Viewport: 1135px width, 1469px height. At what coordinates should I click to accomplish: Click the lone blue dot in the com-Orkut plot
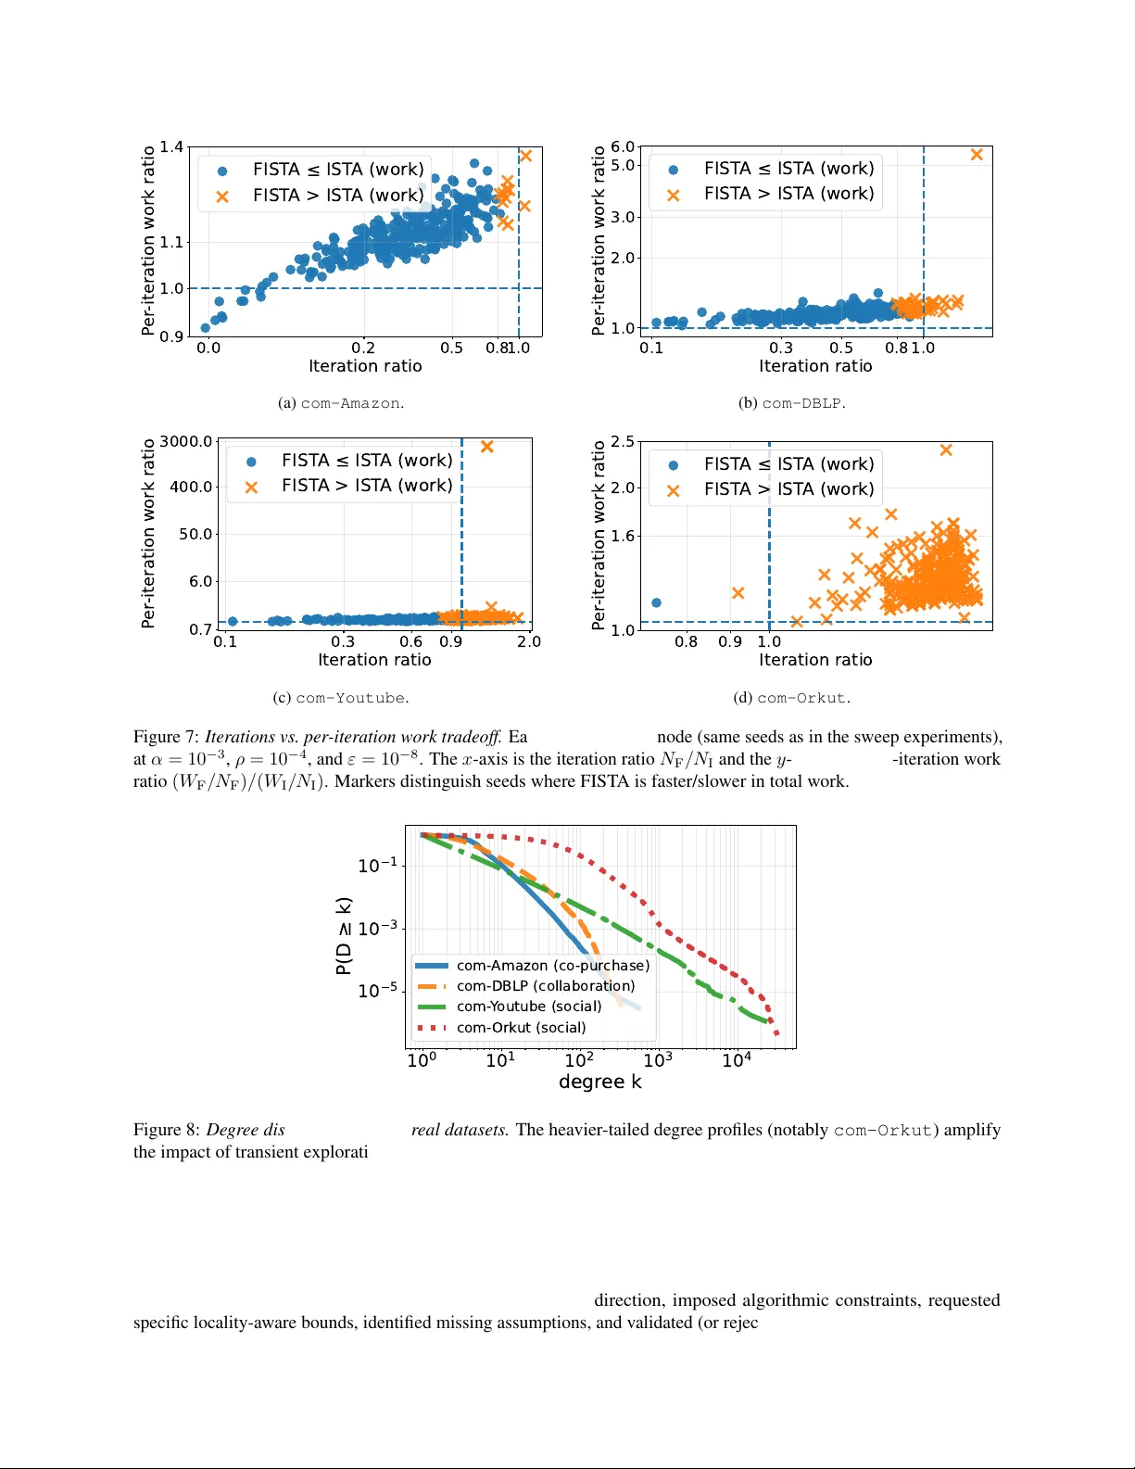click(657, 602)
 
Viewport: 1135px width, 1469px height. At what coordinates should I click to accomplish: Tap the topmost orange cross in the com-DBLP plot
click(977, 155)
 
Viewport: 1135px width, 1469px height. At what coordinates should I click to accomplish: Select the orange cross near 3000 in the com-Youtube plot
click(487, 447)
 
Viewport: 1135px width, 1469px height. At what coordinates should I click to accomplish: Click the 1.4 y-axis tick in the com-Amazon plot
click(171, 146)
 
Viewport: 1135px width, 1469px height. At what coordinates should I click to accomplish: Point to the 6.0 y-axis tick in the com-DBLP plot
click(623, 146)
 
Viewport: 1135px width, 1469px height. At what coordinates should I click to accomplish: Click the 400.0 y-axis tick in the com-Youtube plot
click(192, 487)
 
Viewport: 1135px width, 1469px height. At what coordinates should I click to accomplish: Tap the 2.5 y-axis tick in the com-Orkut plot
click(623, 441)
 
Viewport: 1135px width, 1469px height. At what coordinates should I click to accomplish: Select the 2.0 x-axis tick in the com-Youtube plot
click(529, 641)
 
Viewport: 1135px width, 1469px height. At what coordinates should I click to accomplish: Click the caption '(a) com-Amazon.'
click(341, 403)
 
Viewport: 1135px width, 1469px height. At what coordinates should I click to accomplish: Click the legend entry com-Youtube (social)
click(528, 1007)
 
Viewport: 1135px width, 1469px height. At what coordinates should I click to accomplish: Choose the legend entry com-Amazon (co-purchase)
click(552, 966)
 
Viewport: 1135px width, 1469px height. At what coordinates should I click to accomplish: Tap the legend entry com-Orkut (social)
click(521, 1028)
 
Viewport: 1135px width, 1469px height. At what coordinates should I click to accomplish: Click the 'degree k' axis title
click(599, 1082)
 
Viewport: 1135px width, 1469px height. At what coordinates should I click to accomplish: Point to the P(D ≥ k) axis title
click(344, 935)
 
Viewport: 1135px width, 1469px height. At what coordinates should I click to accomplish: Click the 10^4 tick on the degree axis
click(737, 1060)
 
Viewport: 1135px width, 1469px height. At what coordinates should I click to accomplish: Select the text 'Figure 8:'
click(167, 1130)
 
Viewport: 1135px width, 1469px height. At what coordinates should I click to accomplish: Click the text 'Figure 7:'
click(167, 737)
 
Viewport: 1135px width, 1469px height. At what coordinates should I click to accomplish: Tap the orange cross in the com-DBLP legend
click(674, 195)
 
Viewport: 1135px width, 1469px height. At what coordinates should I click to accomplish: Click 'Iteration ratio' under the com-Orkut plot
click(815, 660)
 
